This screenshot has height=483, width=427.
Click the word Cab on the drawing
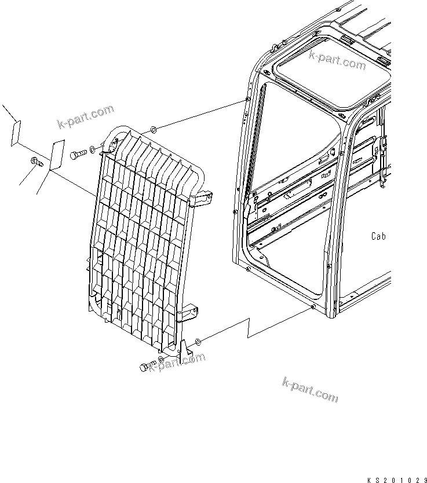[378, 236]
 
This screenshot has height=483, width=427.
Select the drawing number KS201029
[396, 480]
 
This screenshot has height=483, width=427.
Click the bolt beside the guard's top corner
[79, 155]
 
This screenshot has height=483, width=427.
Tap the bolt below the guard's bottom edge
[146, 367]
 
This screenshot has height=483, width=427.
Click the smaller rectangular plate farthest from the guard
[15, 133]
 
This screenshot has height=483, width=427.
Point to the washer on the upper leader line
[152, 128]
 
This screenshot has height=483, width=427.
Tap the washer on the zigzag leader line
[199, 342]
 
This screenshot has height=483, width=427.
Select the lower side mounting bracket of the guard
[189, 313]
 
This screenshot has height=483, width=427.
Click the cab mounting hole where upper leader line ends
[248, 100]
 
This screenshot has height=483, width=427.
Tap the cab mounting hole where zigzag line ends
[313, 308]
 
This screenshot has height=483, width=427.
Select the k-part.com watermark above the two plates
[86, 116]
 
